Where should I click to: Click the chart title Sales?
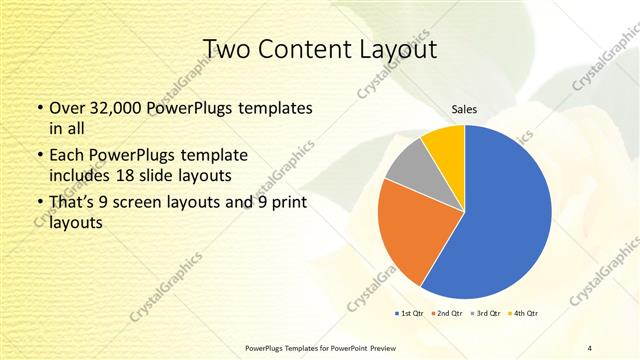point(464,109)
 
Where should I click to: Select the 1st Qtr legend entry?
point(411,314)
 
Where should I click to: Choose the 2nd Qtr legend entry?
point(446,314)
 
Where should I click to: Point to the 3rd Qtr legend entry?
point(486,314)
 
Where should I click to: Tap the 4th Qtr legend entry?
point(523,314)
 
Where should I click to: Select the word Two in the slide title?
point(226,49)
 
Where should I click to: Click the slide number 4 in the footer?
point(589,347)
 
